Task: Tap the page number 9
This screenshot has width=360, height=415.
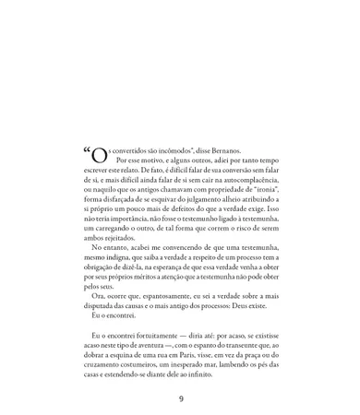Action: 181,398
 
